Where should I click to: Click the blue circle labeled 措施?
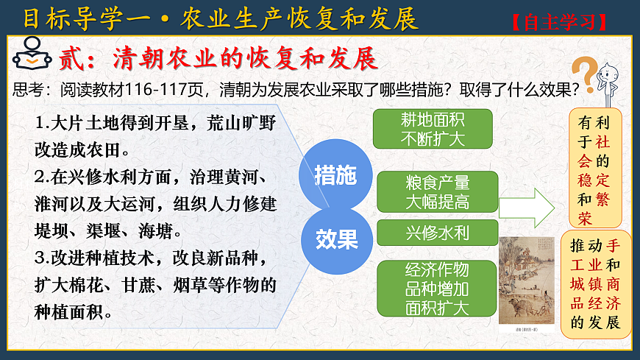point(335,175)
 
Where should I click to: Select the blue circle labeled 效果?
point(336,237)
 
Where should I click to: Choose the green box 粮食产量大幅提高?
point(437,191)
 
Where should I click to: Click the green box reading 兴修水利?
point(437,233)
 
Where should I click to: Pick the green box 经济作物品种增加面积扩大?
point(437,289)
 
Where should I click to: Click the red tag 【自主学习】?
point(561,21)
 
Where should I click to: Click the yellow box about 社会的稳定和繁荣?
point(595,167)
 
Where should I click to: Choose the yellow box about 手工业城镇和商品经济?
point(595,283)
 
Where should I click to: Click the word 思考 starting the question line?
point(28,90)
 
